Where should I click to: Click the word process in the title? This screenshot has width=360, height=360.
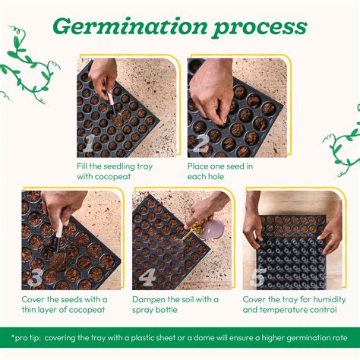257,27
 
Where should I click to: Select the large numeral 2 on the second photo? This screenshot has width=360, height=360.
201,144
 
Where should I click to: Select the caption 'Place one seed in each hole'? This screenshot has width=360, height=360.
220,171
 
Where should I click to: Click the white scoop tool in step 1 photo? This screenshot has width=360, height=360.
110,98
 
